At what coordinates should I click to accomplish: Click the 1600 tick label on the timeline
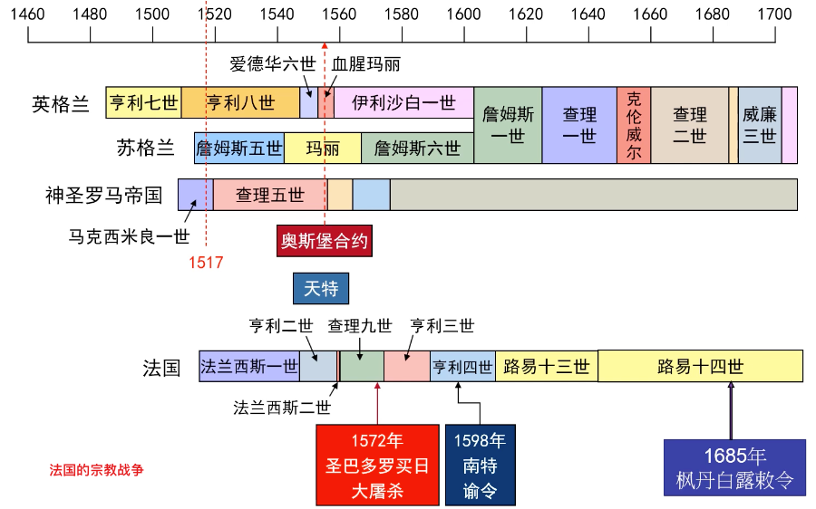(462, 14)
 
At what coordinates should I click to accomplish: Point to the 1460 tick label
(28, 14)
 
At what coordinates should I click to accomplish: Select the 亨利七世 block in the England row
(143, 102)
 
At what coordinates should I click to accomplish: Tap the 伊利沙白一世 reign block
(403, 102)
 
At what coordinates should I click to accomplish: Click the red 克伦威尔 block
(634, 125)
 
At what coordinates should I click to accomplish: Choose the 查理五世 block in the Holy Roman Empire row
(269, 195)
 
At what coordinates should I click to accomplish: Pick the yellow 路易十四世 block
(700, 366)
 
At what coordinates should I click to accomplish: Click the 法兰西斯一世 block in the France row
(248, 366)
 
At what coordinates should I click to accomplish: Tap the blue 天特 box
(320, 288)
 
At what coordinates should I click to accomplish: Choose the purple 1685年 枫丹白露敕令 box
(733, 467)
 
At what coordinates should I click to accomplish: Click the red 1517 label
(206, 263)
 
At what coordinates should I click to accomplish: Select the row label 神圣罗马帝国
(104, 195)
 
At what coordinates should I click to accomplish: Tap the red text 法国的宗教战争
(97, 470)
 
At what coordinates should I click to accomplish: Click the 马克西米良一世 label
(130, 236)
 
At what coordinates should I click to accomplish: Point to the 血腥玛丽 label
(365, 64)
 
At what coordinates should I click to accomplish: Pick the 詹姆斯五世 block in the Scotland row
(238, 148)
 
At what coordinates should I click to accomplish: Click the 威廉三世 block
(759, 125)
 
